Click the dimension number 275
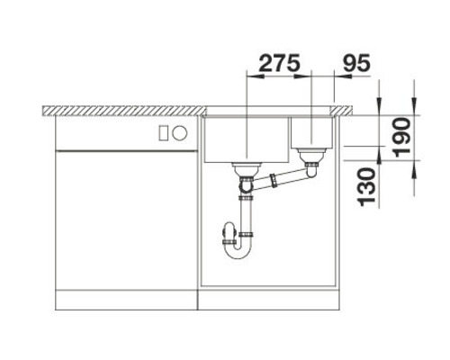(x=278, y=64)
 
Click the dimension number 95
(x=354, y=64)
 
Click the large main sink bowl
(x=245, y=139)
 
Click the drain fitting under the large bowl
(x=245, y=168)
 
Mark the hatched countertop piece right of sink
(x=343, y=111)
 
